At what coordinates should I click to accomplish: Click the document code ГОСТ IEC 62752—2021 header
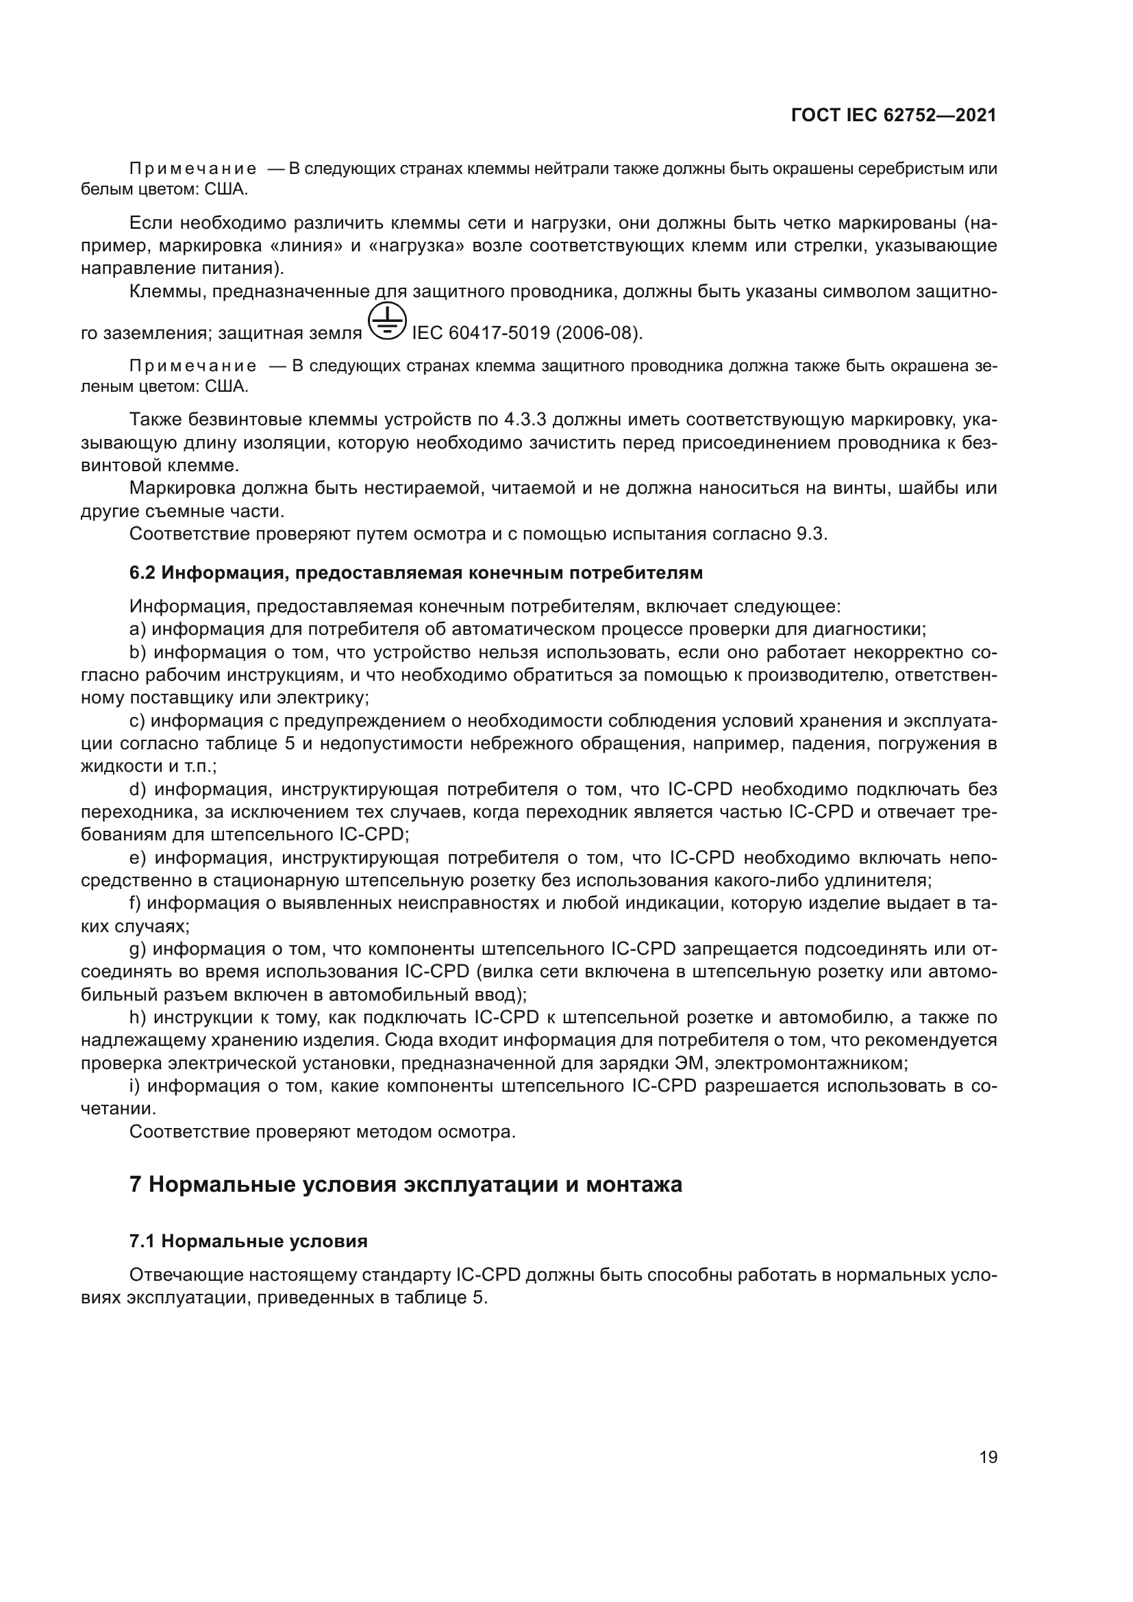click(x=894, y=116)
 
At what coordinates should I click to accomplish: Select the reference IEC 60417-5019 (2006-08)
click(x=527, y=334)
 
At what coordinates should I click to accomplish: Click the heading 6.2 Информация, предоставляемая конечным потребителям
click(x=416, y=573)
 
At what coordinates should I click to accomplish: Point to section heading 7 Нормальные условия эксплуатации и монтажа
click(x=406, y=1184)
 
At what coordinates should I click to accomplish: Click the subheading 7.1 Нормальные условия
click(x=249, y=1241)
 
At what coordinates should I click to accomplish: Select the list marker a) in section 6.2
click(x=138, y=629)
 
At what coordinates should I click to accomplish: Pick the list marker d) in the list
click(x=138, y=789)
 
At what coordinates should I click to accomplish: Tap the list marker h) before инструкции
click(x=137, y=1017)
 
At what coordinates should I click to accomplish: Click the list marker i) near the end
click(x=135, y=1086)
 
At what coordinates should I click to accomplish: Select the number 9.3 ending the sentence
click(x=810, y=534)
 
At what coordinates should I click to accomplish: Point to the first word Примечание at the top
click(x=192, y=169)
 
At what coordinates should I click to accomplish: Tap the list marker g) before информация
click(x=138, y=949)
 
